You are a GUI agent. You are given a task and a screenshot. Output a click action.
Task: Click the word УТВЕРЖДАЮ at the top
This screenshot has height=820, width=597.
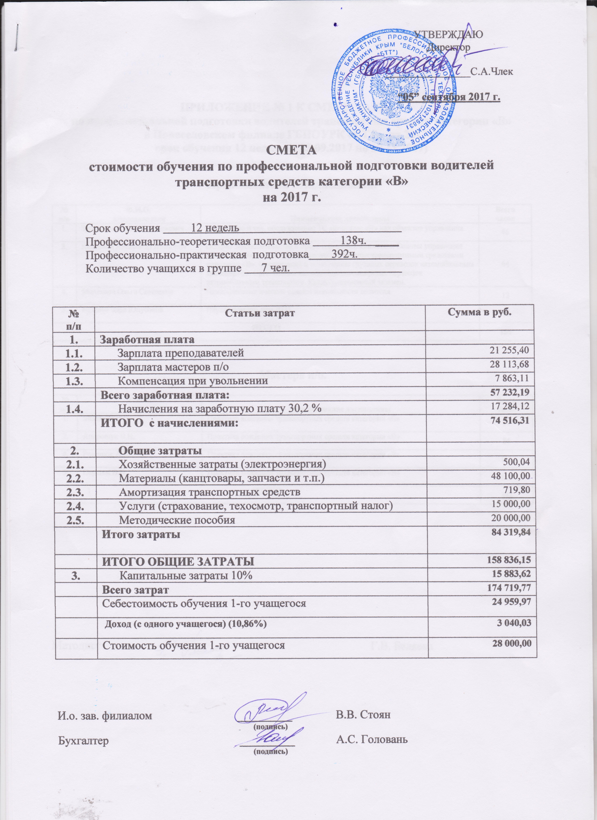tap(448, 35)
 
